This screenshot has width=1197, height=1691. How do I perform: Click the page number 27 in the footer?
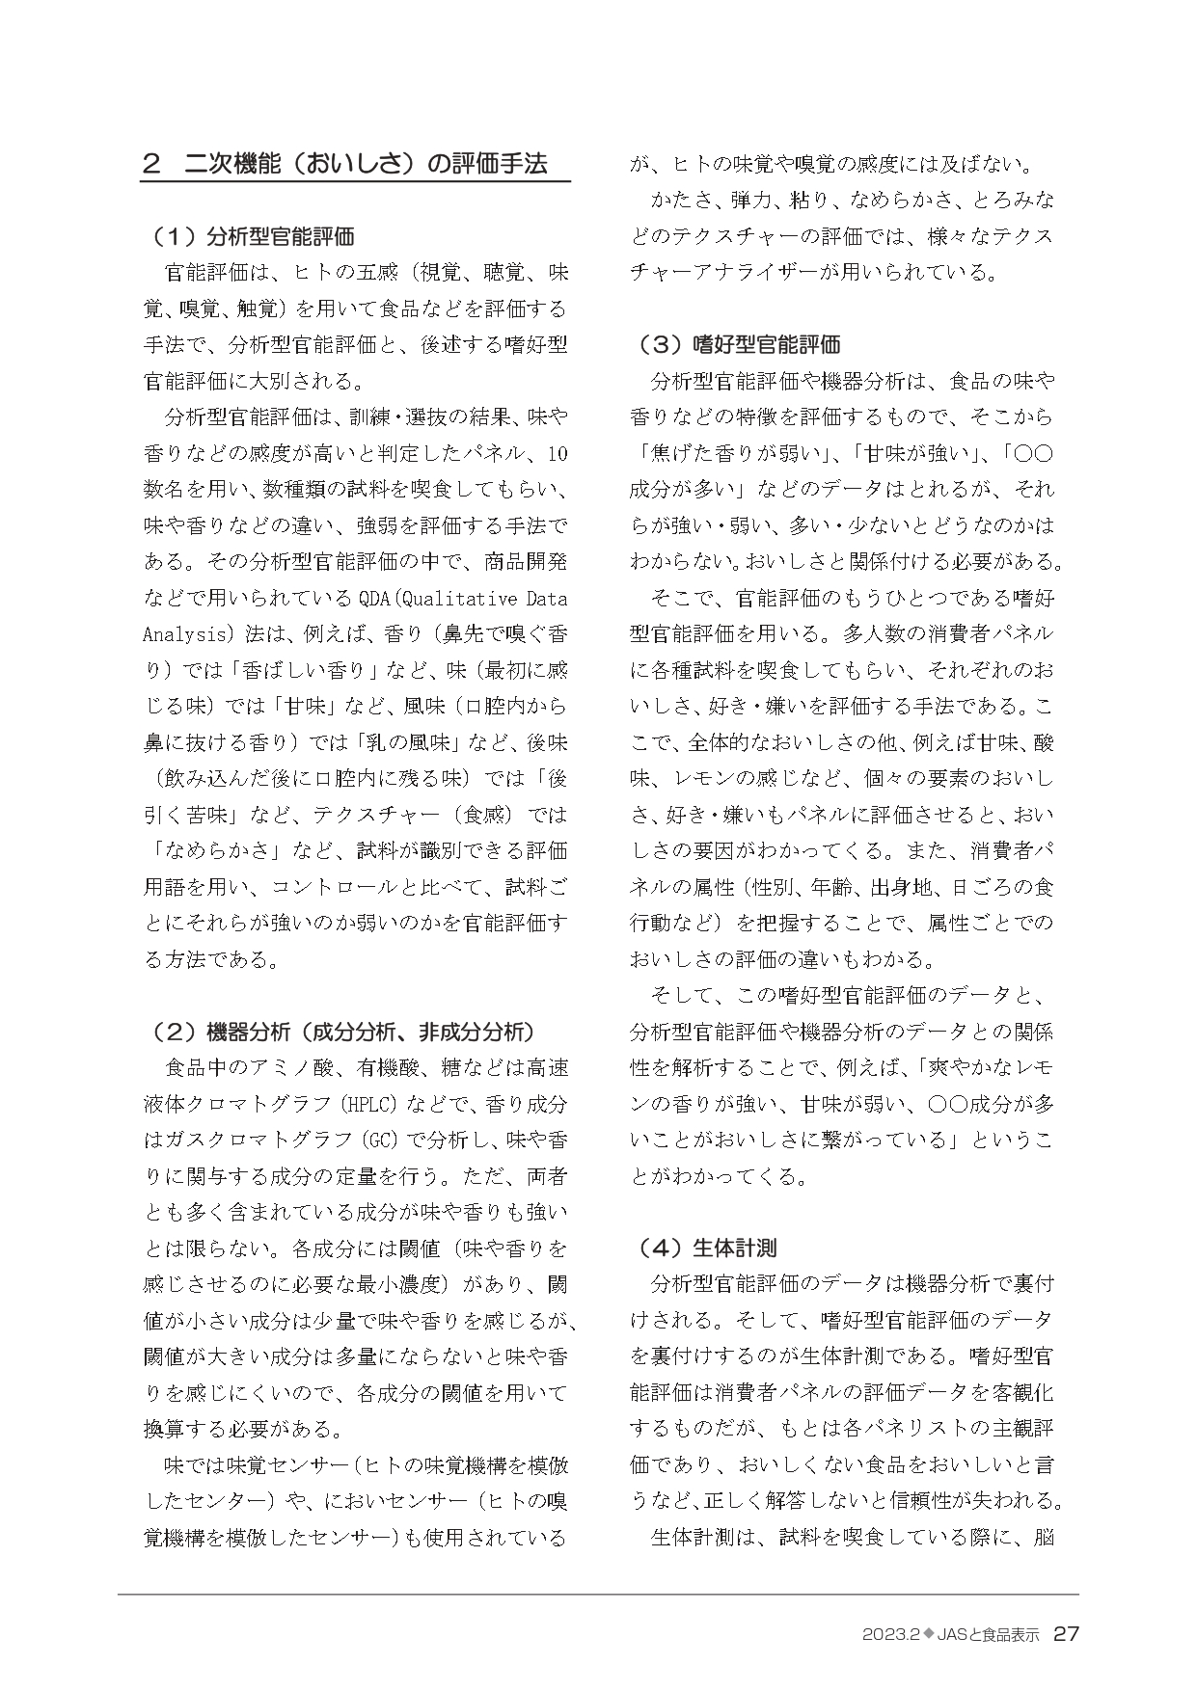(x=1066, y=1634)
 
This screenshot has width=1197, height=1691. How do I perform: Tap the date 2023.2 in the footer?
(x=889, y=1635)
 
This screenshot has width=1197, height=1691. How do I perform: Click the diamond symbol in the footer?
(x=930, y=1635)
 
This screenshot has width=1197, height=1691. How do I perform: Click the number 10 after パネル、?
(x=558, y=454)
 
